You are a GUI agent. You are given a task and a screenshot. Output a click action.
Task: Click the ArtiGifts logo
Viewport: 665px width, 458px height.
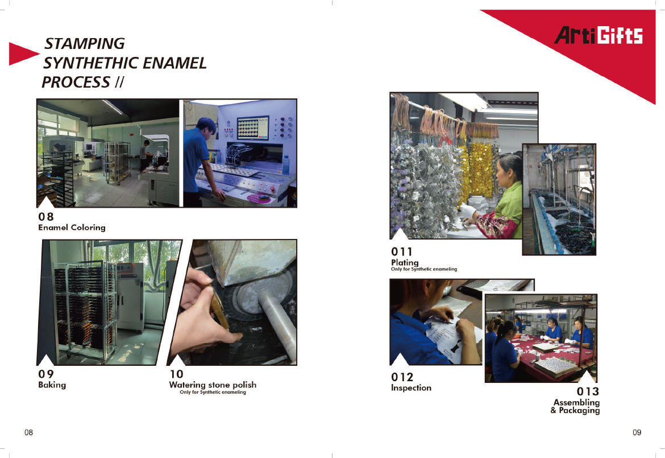(x=598, y=35)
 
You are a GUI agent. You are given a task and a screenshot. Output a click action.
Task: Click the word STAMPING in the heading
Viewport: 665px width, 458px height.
(x=84, y=43)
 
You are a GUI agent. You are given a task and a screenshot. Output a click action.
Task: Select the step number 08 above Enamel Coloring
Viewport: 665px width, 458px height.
(x=46, y=216)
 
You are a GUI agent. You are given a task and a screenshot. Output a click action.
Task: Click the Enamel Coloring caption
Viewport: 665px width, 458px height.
(x=72, y=228)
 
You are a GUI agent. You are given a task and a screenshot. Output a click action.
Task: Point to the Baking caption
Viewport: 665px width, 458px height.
(x=52, y=385)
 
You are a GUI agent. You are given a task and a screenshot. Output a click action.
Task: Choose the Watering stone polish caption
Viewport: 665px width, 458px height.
(x=213, y=385)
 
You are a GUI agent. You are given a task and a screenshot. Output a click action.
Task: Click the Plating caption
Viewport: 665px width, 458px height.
(x=405, y=262)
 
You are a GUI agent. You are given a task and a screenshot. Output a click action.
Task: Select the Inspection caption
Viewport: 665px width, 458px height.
(x=411, y=387)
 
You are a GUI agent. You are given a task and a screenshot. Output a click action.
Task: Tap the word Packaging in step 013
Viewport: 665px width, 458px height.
(x=579, y=410)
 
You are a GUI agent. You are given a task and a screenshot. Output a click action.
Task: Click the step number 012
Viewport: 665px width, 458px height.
(x=402, y=377)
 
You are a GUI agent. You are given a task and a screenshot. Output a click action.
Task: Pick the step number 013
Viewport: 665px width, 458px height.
(x=588, y=391)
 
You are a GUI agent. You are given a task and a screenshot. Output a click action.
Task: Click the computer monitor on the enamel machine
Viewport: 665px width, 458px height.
(x=253, y=128)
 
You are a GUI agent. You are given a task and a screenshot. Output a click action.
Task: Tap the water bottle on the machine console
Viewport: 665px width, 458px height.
(x=286, y=165)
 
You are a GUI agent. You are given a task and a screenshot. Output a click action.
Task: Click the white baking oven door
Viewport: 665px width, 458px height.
(x=131, y=296)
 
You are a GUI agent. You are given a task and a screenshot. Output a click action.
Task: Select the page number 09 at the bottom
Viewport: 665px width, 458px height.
(x=637, y=432)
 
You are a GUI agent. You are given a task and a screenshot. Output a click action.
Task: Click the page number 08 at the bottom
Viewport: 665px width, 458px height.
(x=28, y=432)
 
